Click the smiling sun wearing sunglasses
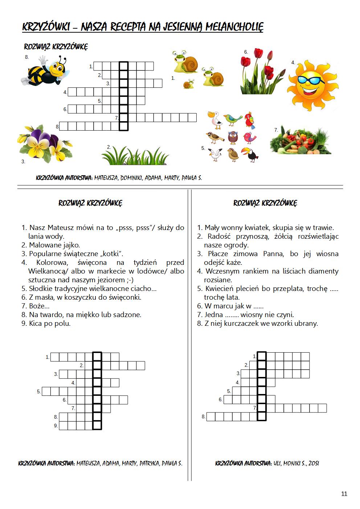click(x=312, y=86)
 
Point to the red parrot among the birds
click(x=249, y=120)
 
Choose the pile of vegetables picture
click(x=300, y=141)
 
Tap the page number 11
click(x=344, y=494)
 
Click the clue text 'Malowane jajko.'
click(x=54, y=245)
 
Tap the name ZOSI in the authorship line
click(x=314, y=463)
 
